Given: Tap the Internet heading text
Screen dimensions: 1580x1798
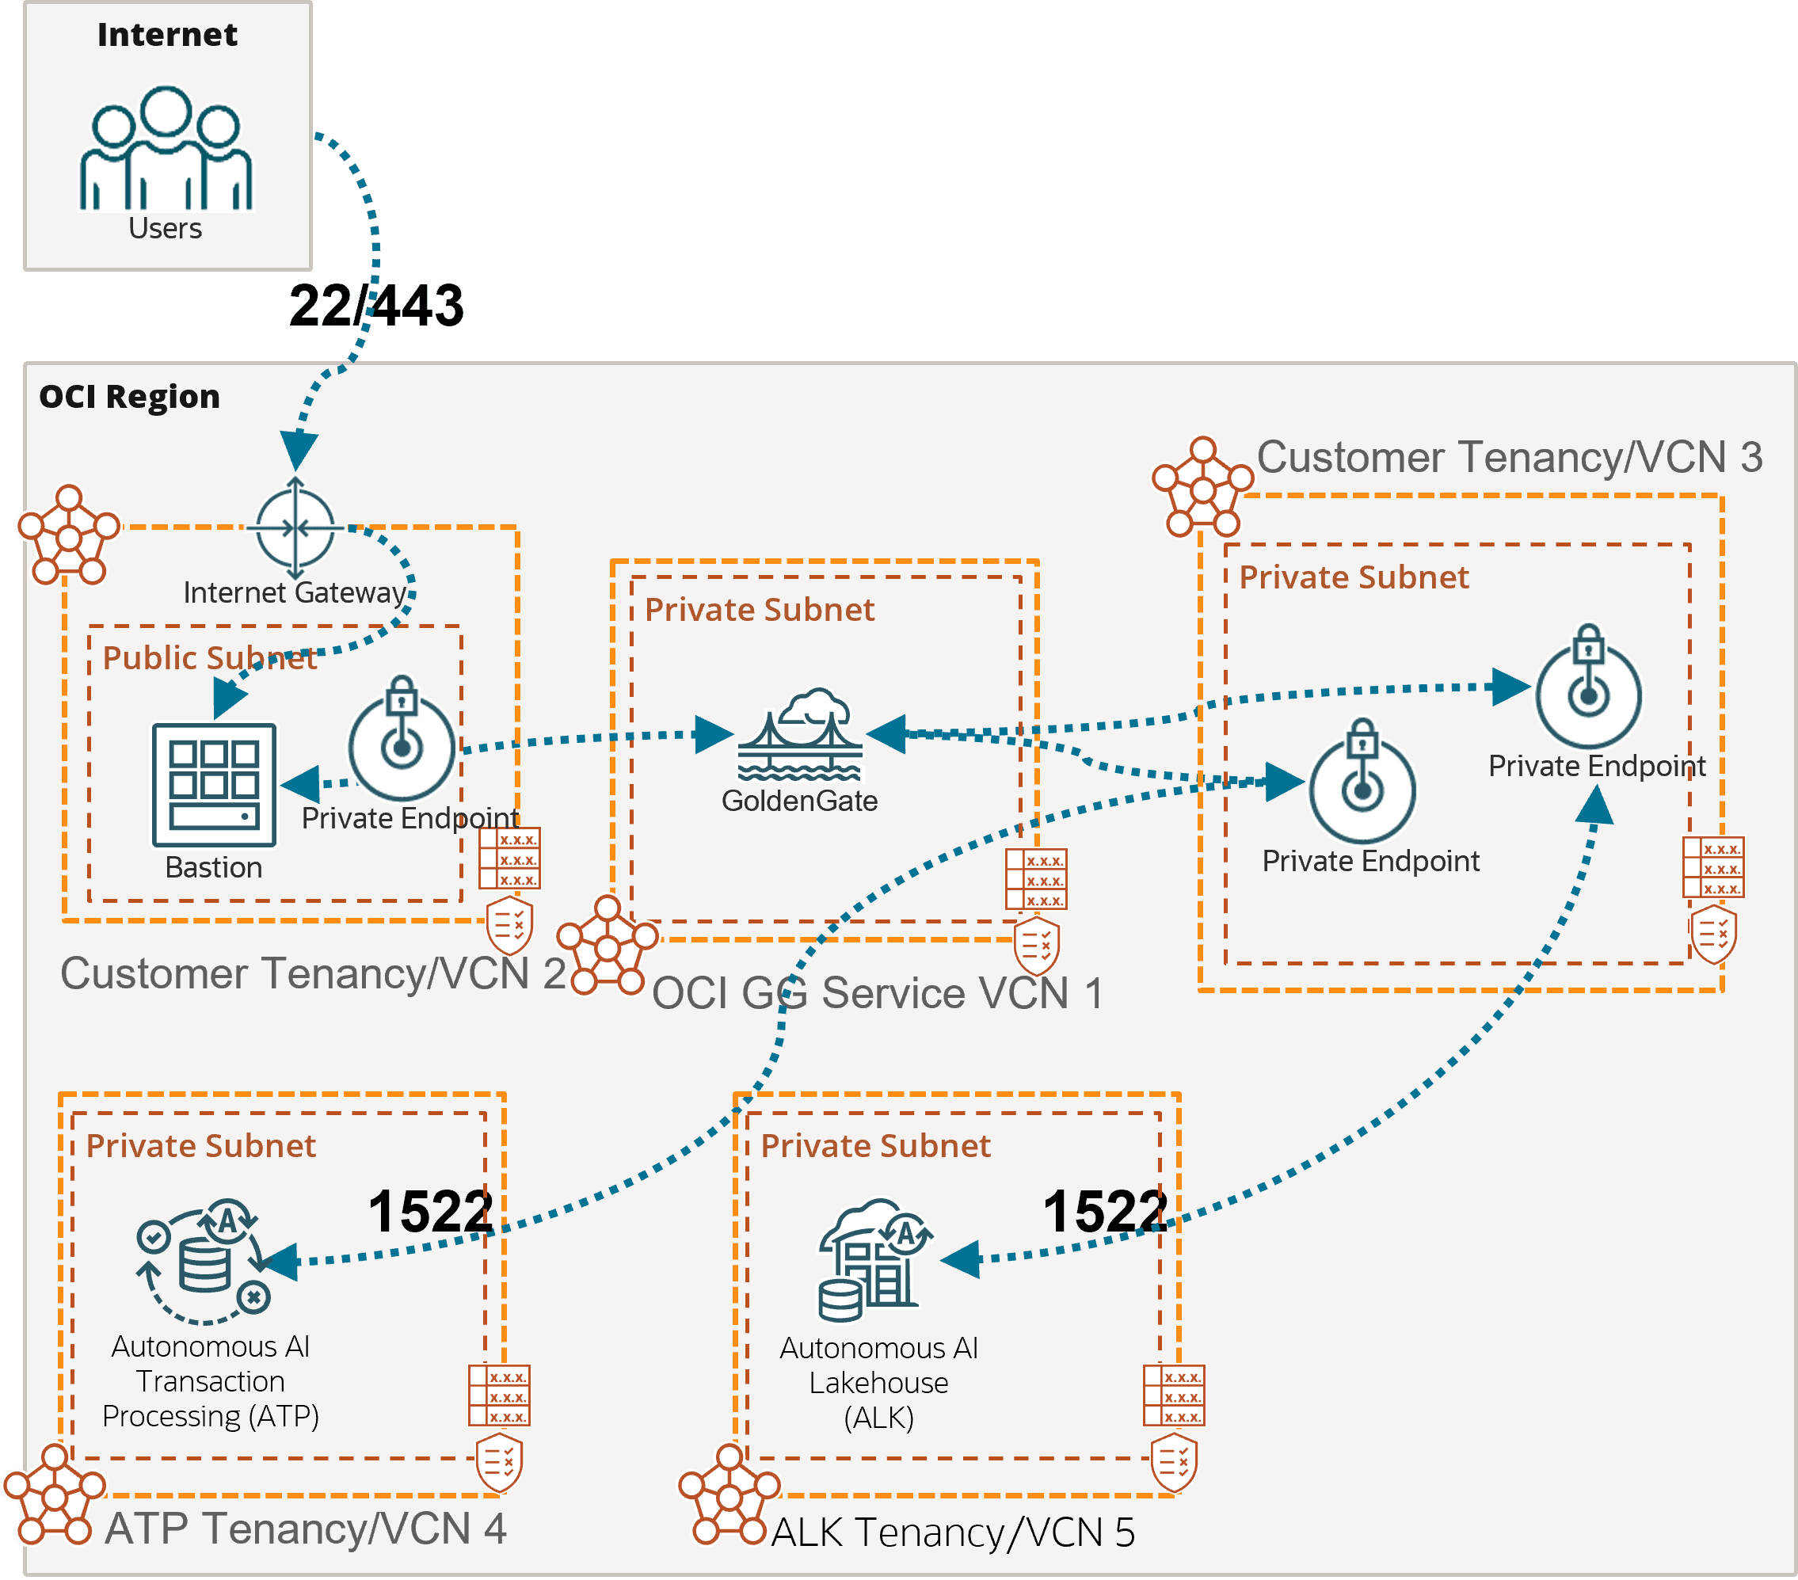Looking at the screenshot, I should click(x=167, y=34).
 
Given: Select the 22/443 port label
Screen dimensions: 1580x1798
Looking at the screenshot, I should click(x=375, y=305).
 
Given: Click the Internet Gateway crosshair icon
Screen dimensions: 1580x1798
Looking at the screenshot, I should click(x=295, y=527).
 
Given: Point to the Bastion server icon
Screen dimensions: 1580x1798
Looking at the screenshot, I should click(x=214, y=785).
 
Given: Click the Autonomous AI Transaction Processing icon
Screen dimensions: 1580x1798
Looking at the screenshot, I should click(x=204, y=1262).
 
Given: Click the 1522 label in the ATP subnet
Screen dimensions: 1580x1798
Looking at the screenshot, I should click(x=430, y=1212).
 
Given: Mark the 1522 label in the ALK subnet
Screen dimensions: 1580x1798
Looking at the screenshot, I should click(x=1105, y=1212).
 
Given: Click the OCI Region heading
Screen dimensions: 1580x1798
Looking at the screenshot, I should click(x=129, y=397).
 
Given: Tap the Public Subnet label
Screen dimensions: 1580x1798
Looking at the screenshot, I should click(x=209, y=658).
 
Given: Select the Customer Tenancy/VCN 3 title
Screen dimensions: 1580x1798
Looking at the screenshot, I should click(x=1510, y=458).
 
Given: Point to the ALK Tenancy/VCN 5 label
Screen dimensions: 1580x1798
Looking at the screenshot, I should click(x=953, y=1532).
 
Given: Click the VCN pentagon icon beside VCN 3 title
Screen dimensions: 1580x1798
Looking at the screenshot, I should click(x=1202, y=487).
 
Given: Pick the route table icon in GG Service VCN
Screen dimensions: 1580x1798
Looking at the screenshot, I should click(x=1036, y=879).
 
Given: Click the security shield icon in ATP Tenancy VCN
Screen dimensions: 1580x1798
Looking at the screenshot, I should click(x=499, y=1463).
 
